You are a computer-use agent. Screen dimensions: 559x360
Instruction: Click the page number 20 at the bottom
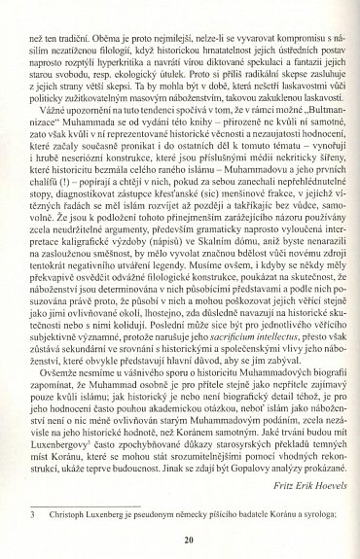[x=180, y=541]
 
